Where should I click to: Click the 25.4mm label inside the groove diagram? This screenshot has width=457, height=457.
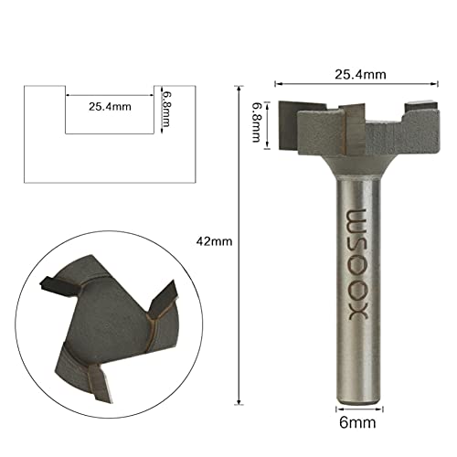(110, 107)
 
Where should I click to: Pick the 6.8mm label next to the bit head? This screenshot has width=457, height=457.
(259, 123)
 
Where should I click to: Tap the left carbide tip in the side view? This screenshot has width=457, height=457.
(297, 115)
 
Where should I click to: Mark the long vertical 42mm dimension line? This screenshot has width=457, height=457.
(239, 274)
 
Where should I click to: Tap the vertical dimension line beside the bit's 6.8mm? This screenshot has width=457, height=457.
(271, 122)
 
